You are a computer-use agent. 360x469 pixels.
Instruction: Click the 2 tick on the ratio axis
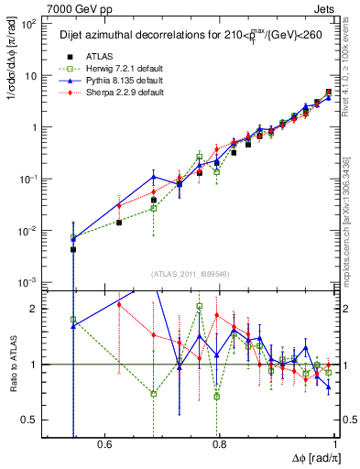(35, 309)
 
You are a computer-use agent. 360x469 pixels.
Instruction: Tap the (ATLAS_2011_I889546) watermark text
(191, 274)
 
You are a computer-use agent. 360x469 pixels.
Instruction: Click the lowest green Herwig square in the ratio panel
(217, 397)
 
